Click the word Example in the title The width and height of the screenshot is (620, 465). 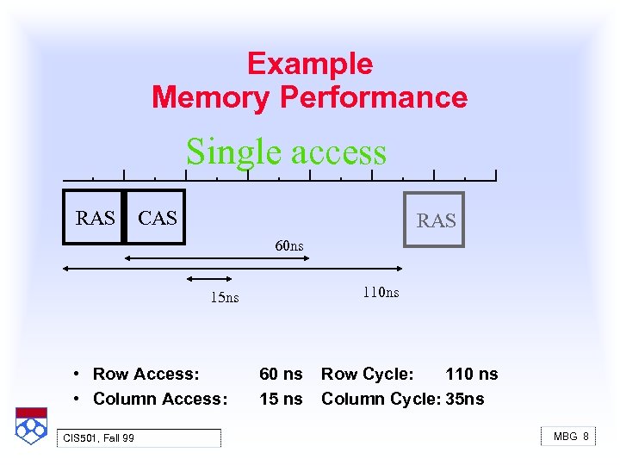(310, 65)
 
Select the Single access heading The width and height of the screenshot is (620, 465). (286, 152)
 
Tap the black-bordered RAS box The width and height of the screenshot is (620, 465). (95, 218)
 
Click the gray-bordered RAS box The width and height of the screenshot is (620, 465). (435, 220)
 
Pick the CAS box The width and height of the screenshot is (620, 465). (156, 218)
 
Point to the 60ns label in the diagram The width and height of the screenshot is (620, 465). (289, 246)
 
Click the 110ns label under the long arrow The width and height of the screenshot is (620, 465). (381, 292)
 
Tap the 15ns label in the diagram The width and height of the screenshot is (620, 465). (225, 298)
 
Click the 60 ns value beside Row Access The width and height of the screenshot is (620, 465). (281, 374)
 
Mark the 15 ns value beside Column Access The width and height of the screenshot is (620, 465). (281, 399)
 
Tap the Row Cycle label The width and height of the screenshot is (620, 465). (368, 374)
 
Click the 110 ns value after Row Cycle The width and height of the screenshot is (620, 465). (471, 374)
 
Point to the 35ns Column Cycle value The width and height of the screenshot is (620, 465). (465, 399)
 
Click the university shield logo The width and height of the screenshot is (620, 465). (30, 425)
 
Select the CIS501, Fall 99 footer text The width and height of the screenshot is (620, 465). (99, 438)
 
